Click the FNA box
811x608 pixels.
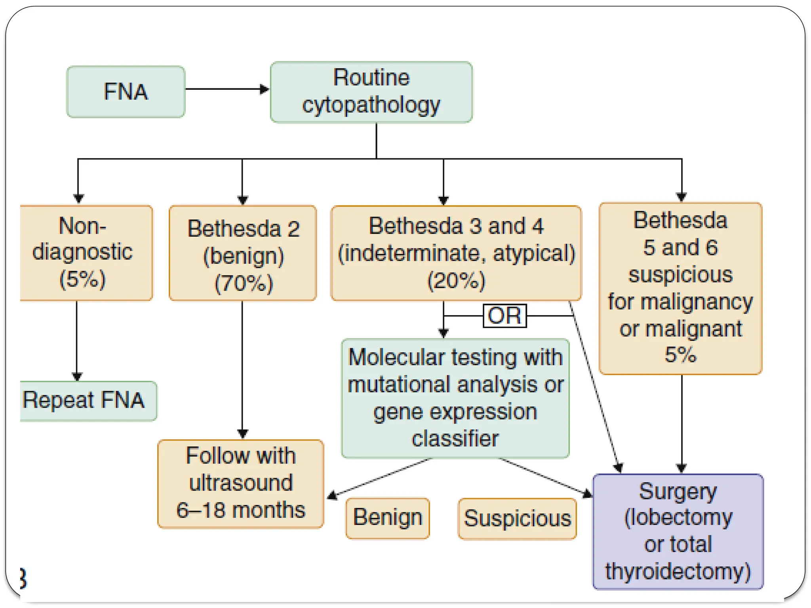(x=126, y=92)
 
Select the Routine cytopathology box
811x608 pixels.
(x=371, y=92)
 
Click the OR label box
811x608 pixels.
(x=504, y=316)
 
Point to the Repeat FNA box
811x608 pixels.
(x=88, y=401)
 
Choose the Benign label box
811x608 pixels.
(x=387, y=518)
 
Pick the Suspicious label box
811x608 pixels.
(x=517, y=519)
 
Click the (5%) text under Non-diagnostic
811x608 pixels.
(x=82, y=279)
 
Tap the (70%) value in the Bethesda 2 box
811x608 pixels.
(x=244, y=283)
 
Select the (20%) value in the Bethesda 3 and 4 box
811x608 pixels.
(x=456, y=281)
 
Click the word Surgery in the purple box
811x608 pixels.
(x=678, y=492)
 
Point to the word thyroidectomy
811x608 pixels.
(x=678, y=572)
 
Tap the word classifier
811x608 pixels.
(x=455, y=439)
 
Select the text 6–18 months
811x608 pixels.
(x=241, y=510)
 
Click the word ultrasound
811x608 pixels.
(x=241, y=483)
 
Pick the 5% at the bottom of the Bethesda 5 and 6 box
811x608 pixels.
(x=680, y=355)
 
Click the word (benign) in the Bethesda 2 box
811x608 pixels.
(x=244, y=256)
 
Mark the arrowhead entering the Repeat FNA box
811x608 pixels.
(x=77, y=376)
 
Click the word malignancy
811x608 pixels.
(x=696, y=302)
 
